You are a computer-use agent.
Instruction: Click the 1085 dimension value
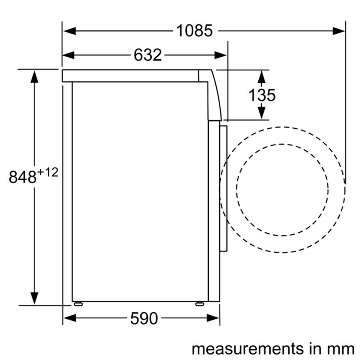pos(194,30)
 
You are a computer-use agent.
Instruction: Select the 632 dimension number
pos(148,55)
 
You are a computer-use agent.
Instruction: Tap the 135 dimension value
pos(262,95)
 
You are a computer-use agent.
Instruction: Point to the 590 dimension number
pos(144,318)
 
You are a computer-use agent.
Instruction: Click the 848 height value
pos(22,177)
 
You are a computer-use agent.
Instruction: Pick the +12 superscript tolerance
pos(48,172)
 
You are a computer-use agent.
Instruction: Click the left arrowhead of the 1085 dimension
pos(69,31)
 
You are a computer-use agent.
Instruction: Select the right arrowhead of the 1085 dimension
pos(339,31)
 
